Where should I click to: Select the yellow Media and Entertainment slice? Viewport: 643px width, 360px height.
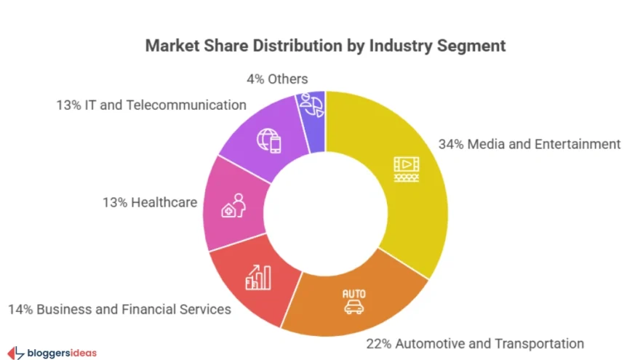point(407,211)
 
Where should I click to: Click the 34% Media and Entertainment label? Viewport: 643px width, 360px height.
point(530,144)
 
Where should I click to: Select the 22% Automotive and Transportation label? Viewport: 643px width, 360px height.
point(475,343)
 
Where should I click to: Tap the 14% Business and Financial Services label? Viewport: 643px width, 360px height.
point(119,309)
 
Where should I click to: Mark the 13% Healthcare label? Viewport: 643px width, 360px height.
point(150,201)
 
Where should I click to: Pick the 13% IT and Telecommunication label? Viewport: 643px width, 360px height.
point(151,105)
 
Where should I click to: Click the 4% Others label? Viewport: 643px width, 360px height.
point(276,79)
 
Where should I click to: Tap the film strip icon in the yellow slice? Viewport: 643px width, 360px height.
point(407,169)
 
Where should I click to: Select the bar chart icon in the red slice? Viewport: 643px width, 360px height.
point(258,276)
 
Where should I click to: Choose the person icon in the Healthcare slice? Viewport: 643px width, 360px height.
point(235,207)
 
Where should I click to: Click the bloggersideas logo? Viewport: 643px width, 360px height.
point(52,353)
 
